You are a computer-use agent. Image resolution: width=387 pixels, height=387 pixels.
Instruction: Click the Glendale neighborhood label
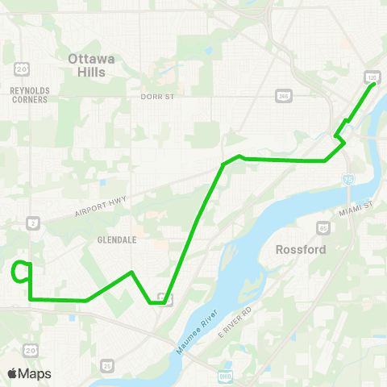pos(116,239)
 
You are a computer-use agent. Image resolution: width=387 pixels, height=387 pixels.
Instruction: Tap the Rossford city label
pos(301,250)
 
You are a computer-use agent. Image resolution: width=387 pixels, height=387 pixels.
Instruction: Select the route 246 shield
pos(283,95)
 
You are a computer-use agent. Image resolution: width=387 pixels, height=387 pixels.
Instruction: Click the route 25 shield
pos(107,367)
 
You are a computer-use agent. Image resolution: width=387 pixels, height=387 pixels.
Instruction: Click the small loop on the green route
pos(22,273)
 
